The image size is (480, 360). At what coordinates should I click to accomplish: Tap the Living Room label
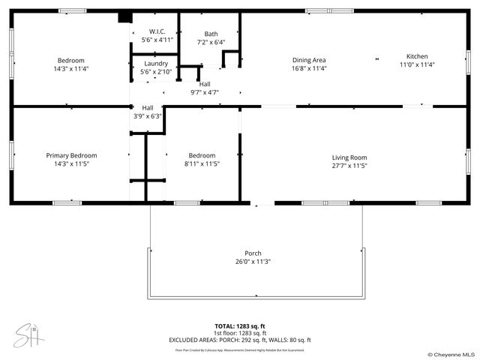349,157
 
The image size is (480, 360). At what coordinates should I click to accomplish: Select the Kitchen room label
417,56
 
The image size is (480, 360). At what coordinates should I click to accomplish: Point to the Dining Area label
308,60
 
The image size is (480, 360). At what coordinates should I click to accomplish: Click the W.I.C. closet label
156,31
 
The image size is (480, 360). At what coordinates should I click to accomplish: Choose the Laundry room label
155,64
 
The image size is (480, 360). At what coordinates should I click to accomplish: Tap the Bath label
211,34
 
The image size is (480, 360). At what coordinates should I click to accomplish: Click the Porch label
253,253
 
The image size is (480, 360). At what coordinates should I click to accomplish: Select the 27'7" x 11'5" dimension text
349,166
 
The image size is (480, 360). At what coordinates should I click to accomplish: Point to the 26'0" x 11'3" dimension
253,262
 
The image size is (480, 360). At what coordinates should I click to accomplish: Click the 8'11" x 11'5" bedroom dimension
202,163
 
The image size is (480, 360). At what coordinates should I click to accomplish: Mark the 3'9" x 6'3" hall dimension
147,116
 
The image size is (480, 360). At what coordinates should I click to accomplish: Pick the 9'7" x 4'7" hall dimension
205,92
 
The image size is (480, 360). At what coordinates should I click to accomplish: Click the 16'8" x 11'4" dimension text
308,68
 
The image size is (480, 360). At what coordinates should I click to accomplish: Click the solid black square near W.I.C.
124,18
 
